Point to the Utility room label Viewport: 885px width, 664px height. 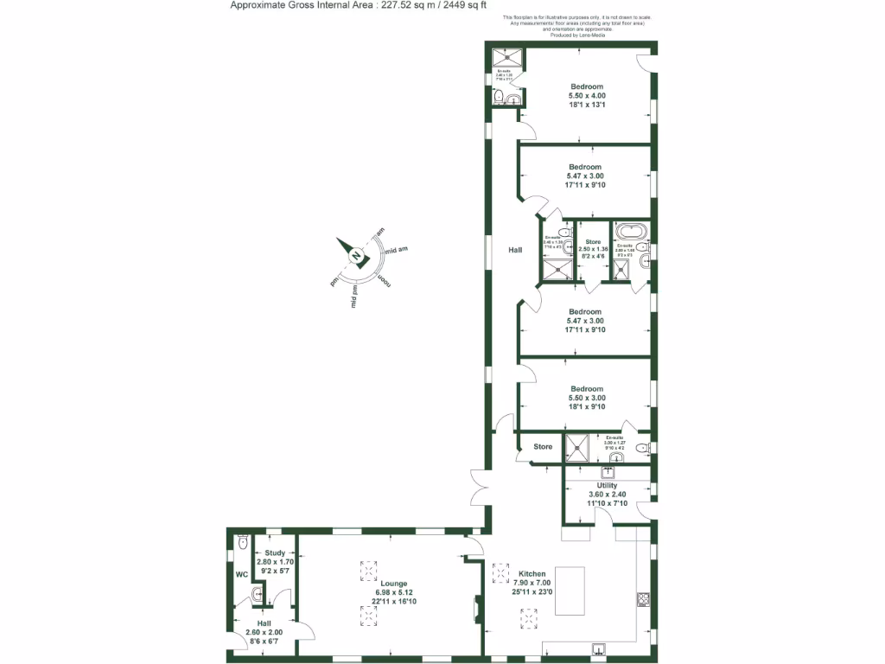coord(607,486)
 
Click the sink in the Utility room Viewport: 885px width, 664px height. coord(608,472)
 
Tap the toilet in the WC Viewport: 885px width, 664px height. coord(242,542)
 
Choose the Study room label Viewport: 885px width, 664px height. coord(275,552)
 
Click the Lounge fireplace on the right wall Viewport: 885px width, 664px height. coord(476,610)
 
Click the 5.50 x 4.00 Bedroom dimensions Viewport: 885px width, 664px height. coord(587,95)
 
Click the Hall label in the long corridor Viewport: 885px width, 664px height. coord(515,250)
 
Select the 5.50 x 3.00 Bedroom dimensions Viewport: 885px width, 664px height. coord(587,398)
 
